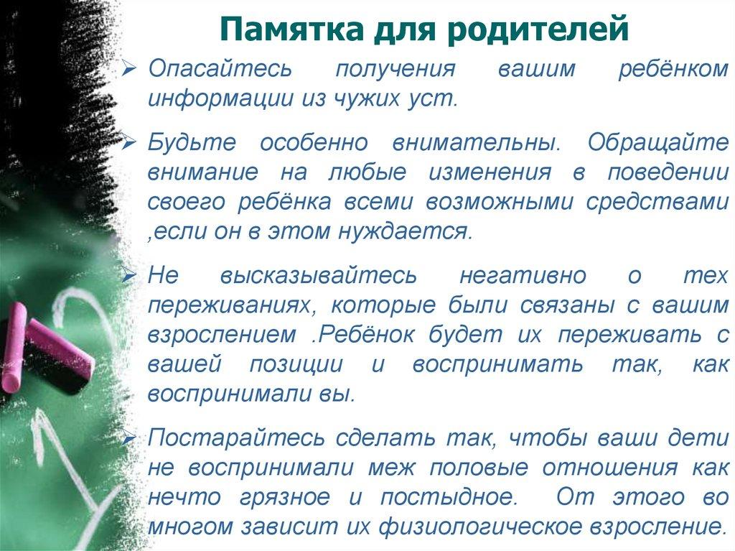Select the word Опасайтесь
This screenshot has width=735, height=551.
pyautogui.click(x=220, y=70)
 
